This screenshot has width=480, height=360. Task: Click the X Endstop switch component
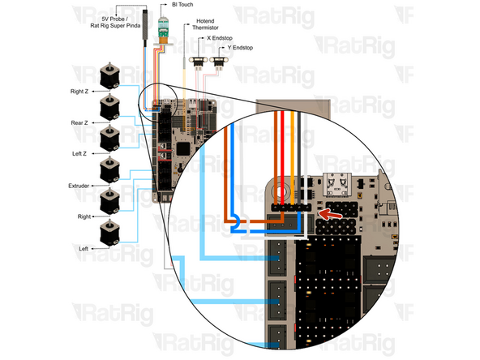coord(198,62)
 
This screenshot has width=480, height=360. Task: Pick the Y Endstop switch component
coord(217,62)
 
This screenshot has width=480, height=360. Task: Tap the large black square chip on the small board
coord(185,148)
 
